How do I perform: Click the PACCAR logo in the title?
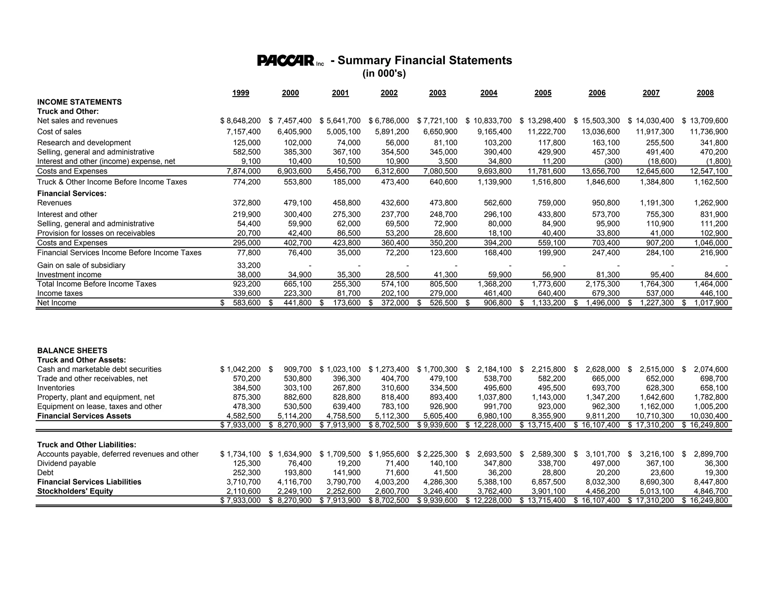click(286, 60)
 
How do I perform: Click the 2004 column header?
click(489, 93)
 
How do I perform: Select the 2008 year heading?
click(705, 93)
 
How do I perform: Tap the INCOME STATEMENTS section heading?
click(79, 102)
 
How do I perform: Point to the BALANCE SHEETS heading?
click(72, 350)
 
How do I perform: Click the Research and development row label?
click(84, 142)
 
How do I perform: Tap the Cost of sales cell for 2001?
click(343, 132)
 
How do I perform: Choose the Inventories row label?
click(56, 388)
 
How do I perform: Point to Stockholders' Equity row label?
click(75, 491)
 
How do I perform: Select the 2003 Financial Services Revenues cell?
click(443, 203)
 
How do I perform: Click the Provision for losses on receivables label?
click(96, 233)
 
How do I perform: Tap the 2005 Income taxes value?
click(552, 293)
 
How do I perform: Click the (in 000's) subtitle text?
click(384, 73)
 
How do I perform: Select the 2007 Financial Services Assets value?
click(655, 416)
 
